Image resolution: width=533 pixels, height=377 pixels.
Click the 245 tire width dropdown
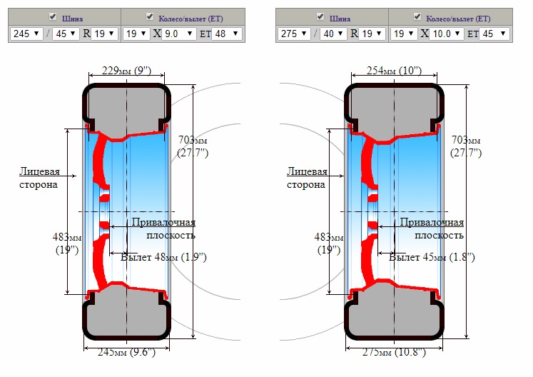pos(26,34)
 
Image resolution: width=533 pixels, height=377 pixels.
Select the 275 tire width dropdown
pos(294,34)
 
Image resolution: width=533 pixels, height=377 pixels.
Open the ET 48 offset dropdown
pos(227,34)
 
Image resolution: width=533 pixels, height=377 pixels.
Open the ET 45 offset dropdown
pos(494,34)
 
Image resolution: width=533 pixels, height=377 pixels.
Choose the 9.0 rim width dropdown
pos(179,34)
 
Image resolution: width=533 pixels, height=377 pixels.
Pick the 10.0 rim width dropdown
pos(447,34)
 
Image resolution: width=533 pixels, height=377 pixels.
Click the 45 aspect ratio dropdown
pos(66,34)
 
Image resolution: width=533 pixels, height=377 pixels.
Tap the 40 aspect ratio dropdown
pos(333,34)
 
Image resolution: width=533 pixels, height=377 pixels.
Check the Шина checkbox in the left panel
pos(52,16)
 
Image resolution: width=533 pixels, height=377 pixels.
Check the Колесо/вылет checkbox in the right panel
pos(417,16)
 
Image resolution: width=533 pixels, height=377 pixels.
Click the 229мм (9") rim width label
pos(126,71)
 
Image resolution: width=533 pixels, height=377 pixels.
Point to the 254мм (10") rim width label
pos(394,71)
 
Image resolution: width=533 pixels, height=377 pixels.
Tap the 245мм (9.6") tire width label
pos(126,352)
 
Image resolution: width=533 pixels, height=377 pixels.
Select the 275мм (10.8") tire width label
pos(394,352)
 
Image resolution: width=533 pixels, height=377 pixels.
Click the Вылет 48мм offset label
pos(163,257)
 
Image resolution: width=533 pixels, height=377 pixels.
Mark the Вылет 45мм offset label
pos(432,257)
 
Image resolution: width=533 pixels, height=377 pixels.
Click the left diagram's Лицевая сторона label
pos(39,178)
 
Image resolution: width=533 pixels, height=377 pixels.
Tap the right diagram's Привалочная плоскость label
pos(432,228)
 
